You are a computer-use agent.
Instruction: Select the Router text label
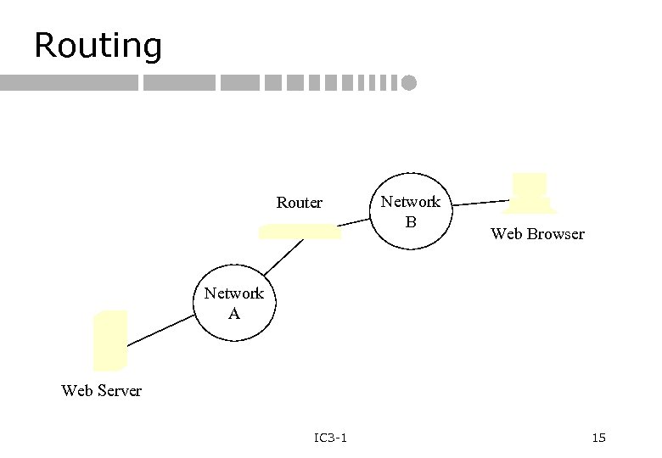(300, 203)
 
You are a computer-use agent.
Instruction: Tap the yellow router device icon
(300, 232)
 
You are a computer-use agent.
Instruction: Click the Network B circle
(411, 210)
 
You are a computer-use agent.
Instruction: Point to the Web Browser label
(537, 234)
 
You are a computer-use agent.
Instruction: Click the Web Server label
(102, 391)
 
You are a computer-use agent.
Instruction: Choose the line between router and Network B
(356, 222)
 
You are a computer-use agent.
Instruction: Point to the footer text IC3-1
(329, 438)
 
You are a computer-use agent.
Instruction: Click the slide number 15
(598, 438)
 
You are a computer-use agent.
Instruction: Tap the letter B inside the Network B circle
(411, 221)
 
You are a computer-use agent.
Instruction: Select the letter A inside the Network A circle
(234, 313)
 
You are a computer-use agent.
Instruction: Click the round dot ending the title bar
(411, 83)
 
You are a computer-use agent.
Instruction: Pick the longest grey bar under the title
(69, 83)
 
